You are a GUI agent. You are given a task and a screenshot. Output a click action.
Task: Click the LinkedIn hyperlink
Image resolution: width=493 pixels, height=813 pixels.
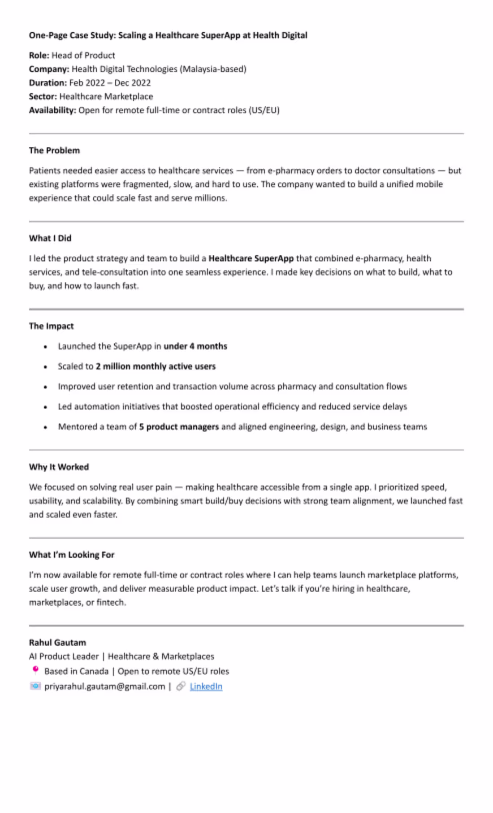pos(206,686)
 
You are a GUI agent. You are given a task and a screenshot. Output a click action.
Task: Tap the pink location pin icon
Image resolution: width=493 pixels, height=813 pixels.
pos(35,670)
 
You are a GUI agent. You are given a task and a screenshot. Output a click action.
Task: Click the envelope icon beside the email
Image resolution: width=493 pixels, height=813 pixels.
pos(35,686)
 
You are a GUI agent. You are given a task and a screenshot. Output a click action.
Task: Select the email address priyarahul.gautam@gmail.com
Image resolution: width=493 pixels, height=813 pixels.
pos(104,686)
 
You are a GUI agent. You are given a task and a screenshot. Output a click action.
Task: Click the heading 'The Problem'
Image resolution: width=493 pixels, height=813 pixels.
pos(54,150)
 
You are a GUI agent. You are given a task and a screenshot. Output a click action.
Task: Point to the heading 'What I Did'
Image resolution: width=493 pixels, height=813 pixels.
pos(50,238)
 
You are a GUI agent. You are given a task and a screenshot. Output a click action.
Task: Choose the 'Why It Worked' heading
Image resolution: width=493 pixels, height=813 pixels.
pos(59,467)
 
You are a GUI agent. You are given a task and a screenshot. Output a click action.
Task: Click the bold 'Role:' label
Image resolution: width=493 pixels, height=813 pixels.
pos(39,55)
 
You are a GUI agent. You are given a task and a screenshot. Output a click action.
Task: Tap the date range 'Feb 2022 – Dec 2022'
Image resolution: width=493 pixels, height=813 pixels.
pos(110,83)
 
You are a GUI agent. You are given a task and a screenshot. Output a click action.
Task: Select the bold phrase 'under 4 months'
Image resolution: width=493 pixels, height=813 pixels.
pos(195,346)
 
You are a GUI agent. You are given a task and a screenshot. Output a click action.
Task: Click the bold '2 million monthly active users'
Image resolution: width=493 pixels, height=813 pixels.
pos(156,366)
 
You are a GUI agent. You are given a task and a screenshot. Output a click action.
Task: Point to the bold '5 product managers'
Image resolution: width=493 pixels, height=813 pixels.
pos(178,427)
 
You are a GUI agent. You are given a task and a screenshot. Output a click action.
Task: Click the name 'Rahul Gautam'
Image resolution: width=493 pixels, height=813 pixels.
pos(57,643)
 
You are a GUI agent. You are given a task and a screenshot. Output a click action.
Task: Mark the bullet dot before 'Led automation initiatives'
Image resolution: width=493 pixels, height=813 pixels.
pos(45,407)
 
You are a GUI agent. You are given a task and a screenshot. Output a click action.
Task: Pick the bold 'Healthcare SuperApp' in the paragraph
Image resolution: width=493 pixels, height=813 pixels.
pos(251,258)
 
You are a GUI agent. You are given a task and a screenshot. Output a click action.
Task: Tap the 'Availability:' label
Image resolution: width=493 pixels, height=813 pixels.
pos(52,110)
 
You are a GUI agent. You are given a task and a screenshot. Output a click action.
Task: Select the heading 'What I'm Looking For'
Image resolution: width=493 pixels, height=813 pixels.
pos(72,555)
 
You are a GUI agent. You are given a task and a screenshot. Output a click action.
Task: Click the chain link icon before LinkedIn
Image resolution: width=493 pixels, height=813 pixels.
pos(181,686)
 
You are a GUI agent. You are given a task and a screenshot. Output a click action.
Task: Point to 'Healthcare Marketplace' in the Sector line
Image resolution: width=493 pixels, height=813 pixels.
pos(106,96)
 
